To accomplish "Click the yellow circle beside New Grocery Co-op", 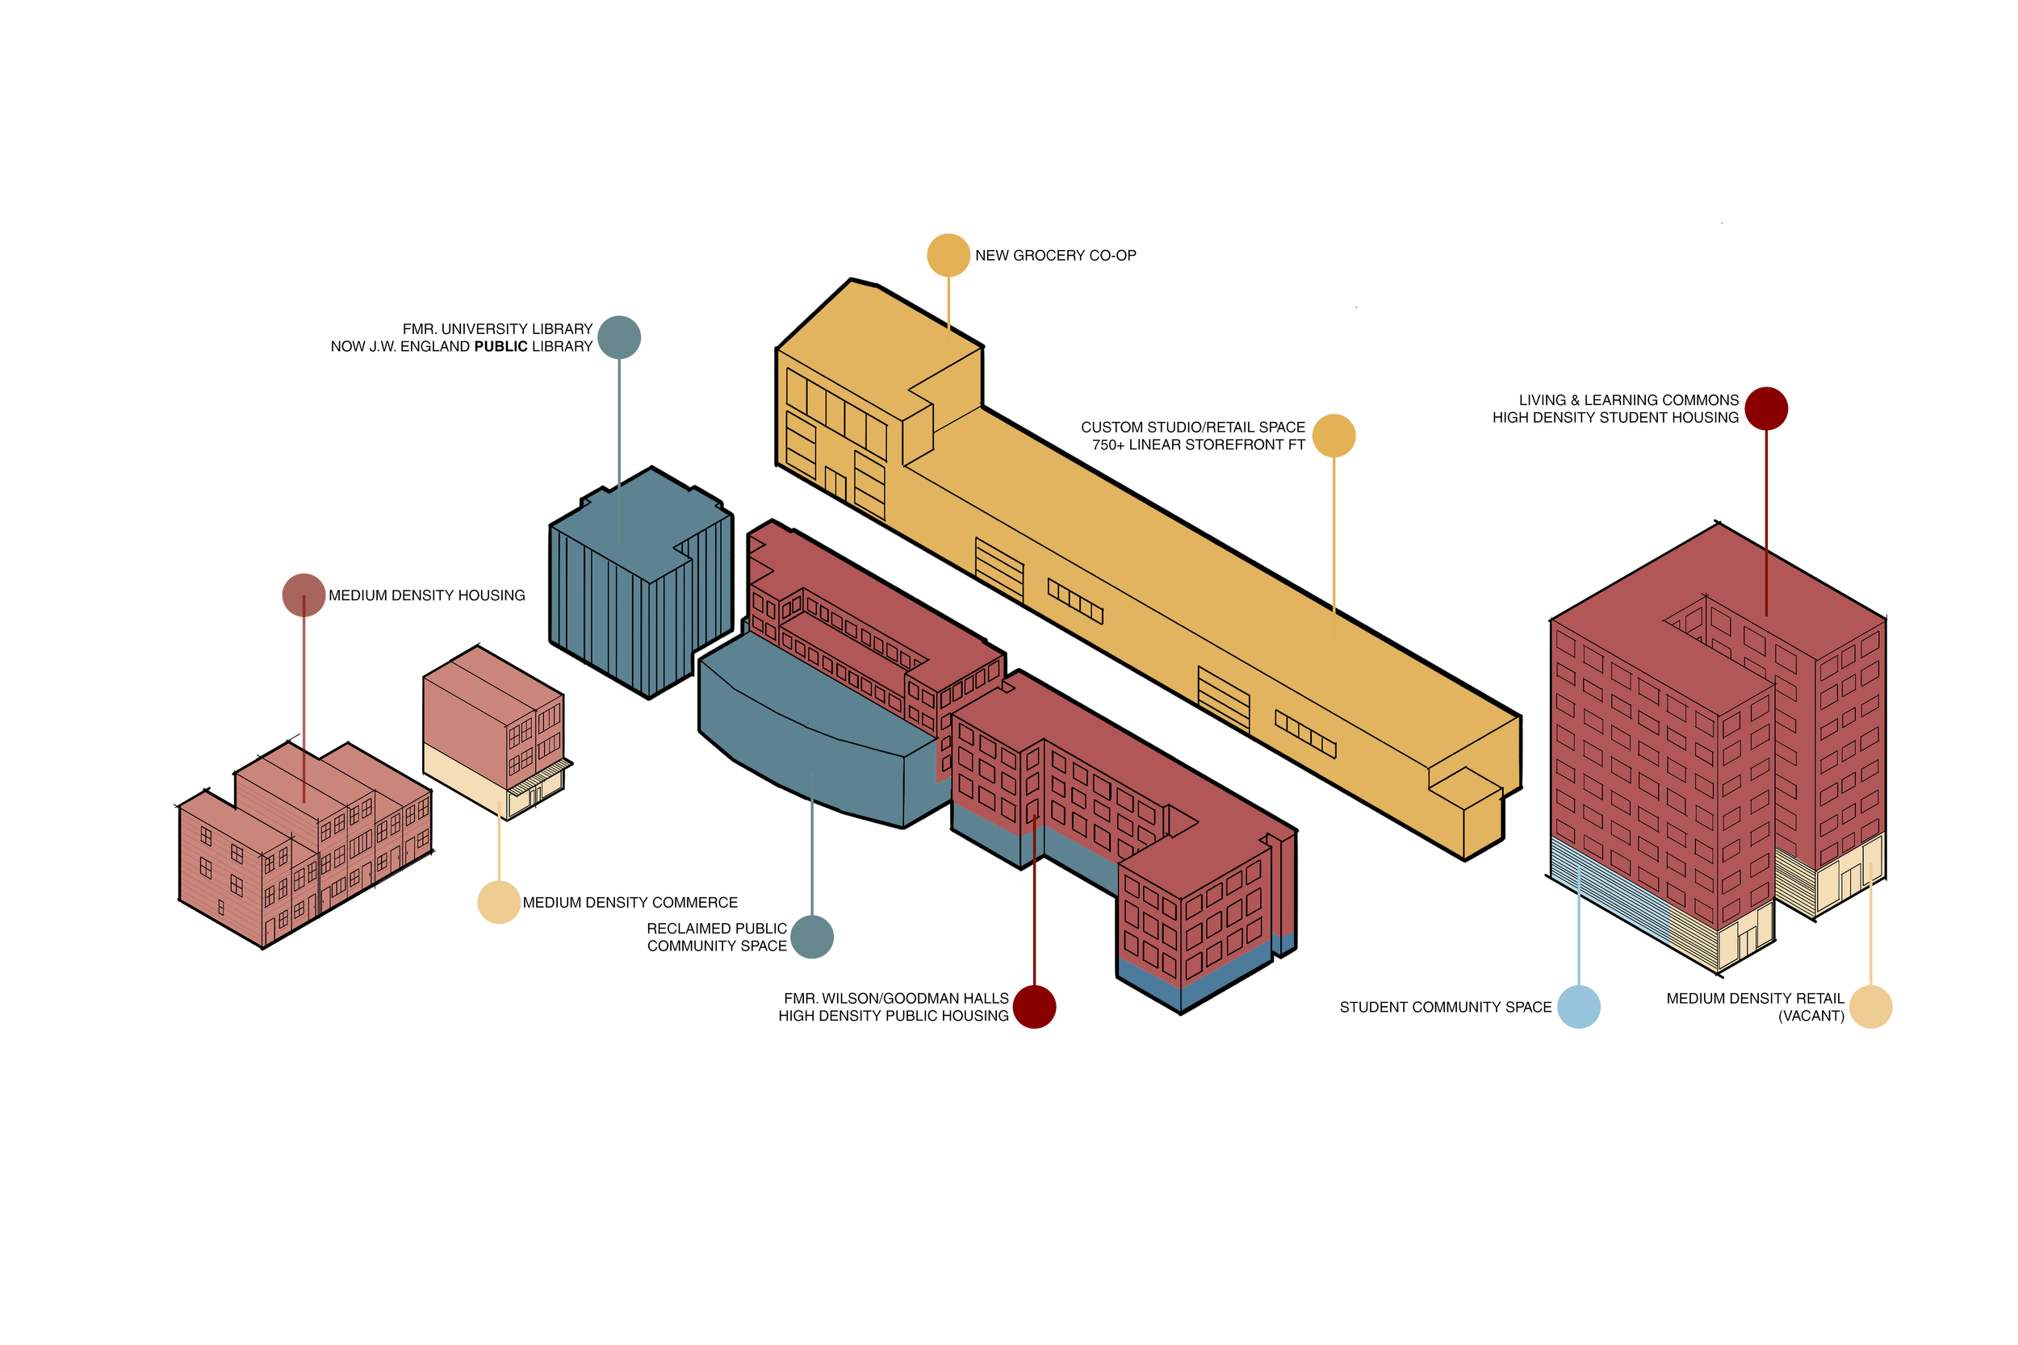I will pyautogui.click(x=949, y=255).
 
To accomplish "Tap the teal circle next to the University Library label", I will pyautogui.click(x=618, y=337).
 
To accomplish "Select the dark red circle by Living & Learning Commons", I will pyautogui.click(x=1766, y=408).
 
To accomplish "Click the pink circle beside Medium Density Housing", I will pyautogui.click(x=304, y=595).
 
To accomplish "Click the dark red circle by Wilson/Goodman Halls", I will pyautogui.click(x=1034, y=1006).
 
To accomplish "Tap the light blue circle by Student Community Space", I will pyautogui.click(x=1578, y=1006).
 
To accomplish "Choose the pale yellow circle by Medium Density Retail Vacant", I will pyautogui.click(x=1870, y=1006).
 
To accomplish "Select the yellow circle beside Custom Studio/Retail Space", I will pyautogui.click(x=1333, y=436).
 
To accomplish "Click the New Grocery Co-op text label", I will pyautogui.click(x=1055, y=256).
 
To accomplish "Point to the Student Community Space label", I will pyautogui.click(x=1446, y=1007).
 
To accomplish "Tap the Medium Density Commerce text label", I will pyautogui.click(x=630, y=903).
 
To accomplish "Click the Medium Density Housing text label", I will pyautogui.click(x=426, y=595).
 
